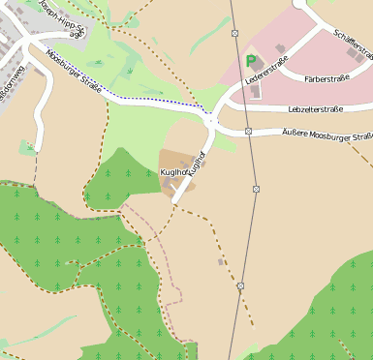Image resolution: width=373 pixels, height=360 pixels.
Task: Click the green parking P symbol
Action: click(x=251, y=60)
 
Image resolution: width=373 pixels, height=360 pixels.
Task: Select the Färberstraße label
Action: click(x=326, y=76)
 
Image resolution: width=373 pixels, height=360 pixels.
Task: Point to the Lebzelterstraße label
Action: click(x=316, y=109)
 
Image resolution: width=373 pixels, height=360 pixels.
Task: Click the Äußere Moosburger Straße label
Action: click(x=326, y=135)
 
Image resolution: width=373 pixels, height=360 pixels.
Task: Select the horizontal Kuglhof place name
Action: click(x=174, y=171)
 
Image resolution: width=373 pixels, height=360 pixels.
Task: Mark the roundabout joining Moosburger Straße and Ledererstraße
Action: click(x=211, y=121)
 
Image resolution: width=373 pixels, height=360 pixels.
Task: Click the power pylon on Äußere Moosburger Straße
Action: click(x=249, y=131)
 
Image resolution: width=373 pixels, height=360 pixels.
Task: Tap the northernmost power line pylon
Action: click(x=235, y=33)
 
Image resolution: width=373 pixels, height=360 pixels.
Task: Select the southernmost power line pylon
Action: click(x=240, y=285)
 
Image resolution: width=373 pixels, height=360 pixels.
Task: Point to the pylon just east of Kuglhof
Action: click(x=256, y=188)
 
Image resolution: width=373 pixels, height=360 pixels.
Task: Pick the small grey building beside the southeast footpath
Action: click(x=222, y=261)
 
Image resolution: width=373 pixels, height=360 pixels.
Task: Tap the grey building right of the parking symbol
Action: click(x=279, y=48)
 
